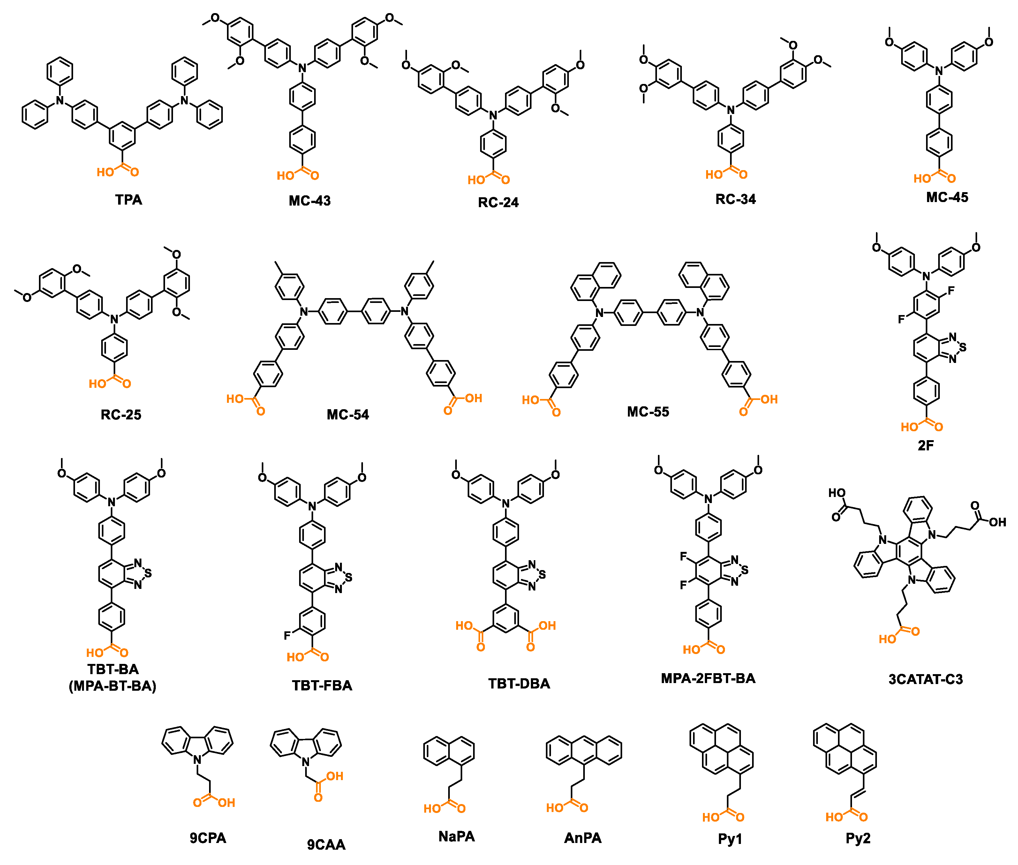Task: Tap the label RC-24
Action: pyautogui.click(x=498, y=202)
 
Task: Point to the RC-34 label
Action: pyautogui.click(x=735, y=199)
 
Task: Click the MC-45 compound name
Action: pyautogui.click(x=947, y=198)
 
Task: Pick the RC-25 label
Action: pyautogui.click(x=121, y=415)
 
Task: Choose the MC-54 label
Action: pyautogui.click(x=348, y=415)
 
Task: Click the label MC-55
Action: pyautogui.click(x=648, y=412)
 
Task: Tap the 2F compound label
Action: pyautogui.click(x=925, y=445)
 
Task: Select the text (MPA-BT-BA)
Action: pyautogui.click(x=112, y=686)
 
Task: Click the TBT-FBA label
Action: pyautogui.click(x=322, y=686)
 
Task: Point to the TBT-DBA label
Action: pyautogui.click(x=519, y=684)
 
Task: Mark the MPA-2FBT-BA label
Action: pyautogui.click(x=708, y=679)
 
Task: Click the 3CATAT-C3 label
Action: pyautogui.click(x=925, y=680)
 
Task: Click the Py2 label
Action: pyautogui.click(x=858, y=839)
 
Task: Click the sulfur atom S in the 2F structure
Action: pyautogui.click(x=962, y=348)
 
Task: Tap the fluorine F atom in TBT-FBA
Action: pyautogui.click(x=287, y=636)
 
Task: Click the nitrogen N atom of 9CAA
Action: pyautogui.click(x=305, y=762)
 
